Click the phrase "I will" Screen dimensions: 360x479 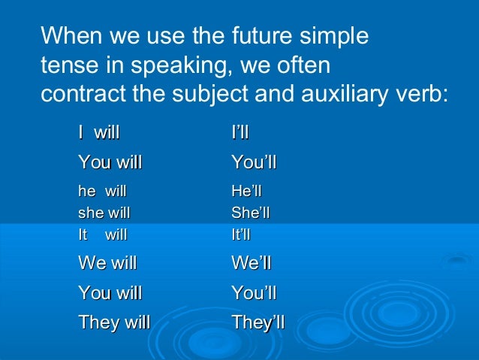tap(99, 134)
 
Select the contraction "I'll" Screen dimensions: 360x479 tap(240, 134)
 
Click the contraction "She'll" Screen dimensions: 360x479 tap(251, 213)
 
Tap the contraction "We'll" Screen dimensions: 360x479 tap(252, 264)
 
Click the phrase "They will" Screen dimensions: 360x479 tap(114, 322)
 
